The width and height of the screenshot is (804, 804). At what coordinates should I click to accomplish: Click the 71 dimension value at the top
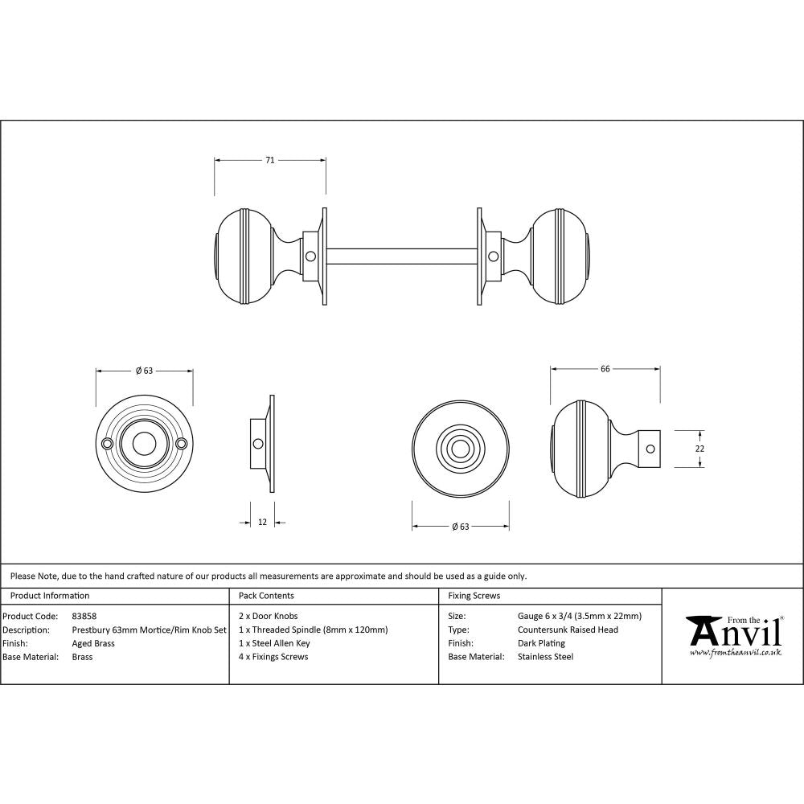(x=270, y=161)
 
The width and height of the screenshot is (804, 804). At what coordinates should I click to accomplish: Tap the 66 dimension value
(x=605, y=369)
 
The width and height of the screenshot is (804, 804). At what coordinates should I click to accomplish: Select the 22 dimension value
(x=699, y=449)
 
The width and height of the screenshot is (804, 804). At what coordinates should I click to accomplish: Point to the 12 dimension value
(x=262, y=523)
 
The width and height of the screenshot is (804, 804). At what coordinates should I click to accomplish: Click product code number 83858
(x=84, y=617)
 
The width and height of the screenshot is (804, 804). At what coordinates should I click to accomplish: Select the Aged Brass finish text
(x=93, y=643)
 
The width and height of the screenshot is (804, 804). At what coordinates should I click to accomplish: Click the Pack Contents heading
(x=266, y=596)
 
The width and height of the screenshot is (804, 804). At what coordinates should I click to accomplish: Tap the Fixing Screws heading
(x=474, y=596)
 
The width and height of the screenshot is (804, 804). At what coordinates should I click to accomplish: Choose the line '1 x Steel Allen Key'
(x=274, y=643)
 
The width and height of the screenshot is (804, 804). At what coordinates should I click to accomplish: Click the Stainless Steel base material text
(x=546, y=657)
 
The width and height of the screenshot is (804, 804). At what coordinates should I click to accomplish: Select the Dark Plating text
(x=541, y=643)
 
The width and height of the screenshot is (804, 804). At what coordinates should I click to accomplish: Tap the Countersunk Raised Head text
(x=568, y=630)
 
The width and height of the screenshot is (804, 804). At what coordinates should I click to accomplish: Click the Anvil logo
(x=734, y=632)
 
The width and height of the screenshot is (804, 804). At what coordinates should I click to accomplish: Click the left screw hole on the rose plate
(x=107, y=443)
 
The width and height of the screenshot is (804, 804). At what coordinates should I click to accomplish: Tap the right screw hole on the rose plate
(x=182, y=443)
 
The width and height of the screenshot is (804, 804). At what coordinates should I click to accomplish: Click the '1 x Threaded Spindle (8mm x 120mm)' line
(x=314, y=630)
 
